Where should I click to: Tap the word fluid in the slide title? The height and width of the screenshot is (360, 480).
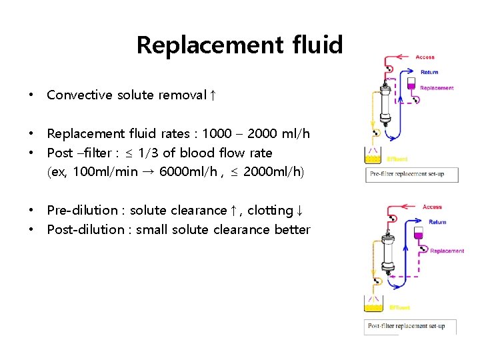317,45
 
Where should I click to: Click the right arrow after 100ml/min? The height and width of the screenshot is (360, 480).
147,171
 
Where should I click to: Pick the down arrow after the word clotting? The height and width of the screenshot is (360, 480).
300,210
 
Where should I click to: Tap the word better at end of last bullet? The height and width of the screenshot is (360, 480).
292,229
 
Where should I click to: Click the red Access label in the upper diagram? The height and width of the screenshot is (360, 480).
425,57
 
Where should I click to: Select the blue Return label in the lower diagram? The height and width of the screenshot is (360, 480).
437,222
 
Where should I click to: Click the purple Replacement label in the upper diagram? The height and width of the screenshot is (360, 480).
437,88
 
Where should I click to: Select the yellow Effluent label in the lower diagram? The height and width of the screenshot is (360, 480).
399,308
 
